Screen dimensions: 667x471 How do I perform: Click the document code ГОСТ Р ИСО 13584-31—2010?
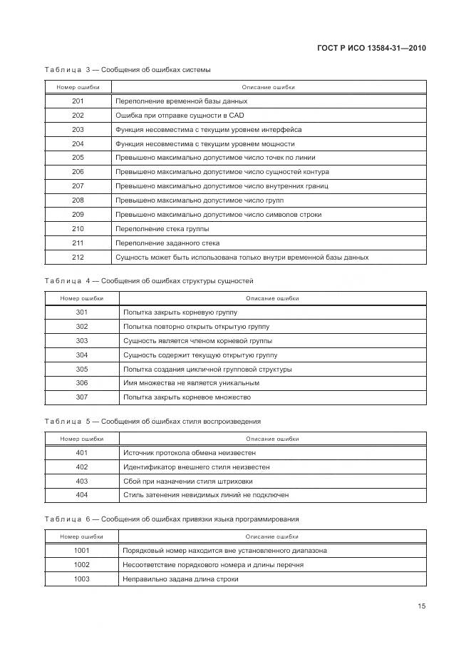point(376,48)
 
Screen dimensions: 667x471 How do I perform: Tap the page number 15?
point(422,606)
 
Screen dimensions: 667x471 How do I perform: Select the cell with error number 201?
point(78,101)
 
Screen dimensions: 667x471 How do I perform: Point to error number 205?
point(78,158)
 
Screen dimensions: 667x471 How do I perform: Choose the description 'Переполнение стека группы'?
point(162,229)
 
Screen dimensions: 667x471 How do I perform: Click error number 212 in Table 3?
point(78,257)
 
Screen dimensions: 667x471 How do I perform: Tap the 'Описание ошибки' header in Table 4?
point(272,298)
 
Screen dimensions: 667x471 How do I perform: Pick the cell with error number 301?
point(81,312)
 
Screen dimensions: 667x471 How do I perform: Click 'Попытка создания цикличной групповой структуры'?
point(207,369)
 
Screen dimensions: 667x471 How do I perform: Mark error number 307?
point(81,397)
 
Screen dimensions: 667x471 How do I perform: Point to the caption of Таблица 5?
point(152,421)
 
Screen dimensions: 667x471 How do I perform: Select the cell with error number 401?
point(81,452)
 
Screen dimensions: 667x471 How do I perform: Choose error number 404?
point(81,495)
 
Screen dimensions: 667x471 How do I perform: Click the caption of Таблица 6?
point(171,519)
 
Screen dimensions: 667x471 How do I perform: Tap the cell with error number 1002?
point(81,564)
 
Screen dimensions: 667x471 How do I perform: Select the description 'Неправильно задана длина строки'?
point(180,579)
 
